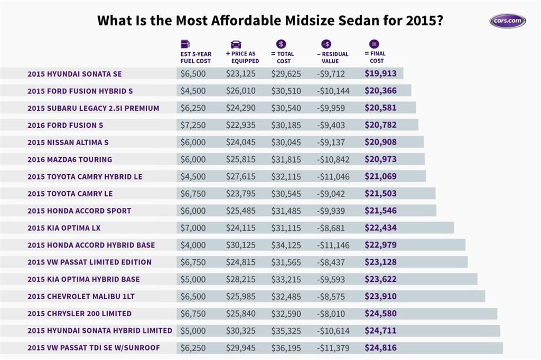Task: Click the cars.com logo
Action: coord(507,21)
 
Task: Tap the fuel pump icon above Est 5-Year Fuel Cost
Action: coord(185,44)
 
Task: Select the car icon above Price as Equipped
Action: coord(236,44)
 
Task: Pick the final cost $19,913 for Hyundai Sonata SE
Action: coord(380,74)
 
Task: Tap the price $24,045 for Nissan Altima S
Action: coord(241,142)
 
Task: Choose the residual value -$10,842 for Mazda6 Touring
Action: coord(333,159)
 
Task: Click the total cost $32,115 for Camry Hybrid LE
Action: coord(286,176)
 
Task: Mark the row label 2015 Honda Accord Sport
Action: coord(79,211)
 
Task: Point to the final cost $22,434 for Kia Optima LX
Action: coord(380,228)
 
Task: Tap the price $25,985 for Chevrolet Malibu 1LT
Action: coord(241,296)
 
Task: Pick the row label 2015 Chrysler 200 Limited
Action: coord(79,314)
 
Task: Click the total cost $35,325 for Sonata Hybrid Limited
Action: coord(286,330)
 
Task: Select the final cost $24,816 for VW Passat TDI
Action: coord(380,348)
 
